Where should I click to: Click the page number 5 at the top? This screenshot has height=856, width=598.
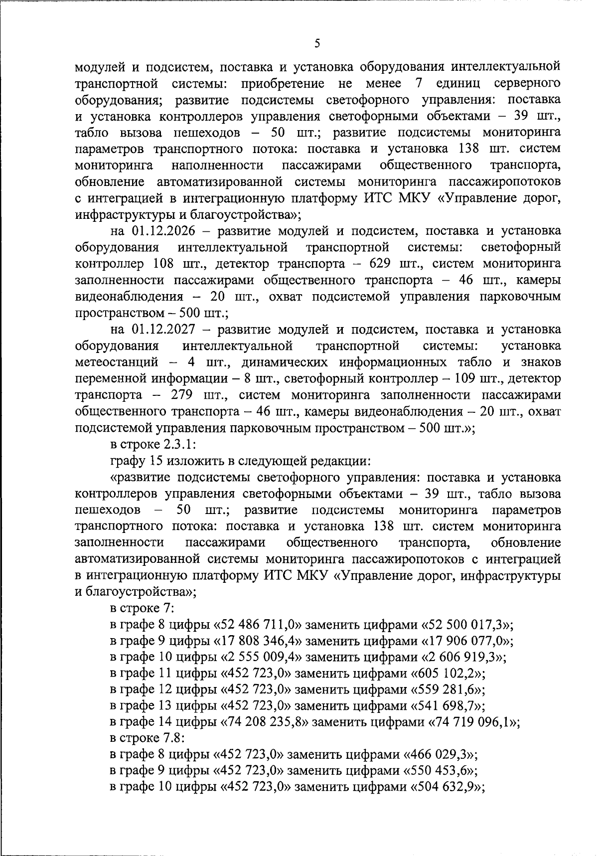click(x=317, y=44)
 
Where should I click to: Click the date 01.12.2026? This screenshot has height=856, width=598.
click(x=163, y=231)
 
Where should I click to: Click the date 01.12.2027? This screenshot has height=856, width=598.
click(x=163, y=330)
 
